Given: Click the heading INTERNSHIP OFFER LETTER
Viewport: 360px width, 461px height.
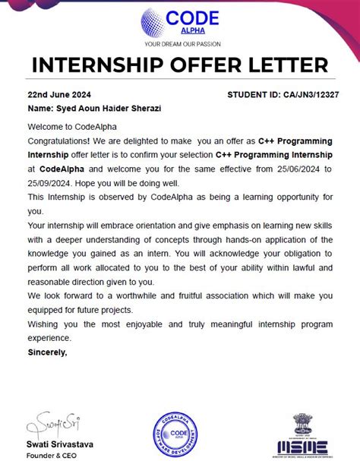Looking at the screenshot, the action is pyautogui.click(x=180, y=67).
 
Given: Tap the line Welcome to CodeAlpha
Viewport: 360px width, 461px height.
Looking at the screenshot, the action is pyautogui.click(x=72, y=126).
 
